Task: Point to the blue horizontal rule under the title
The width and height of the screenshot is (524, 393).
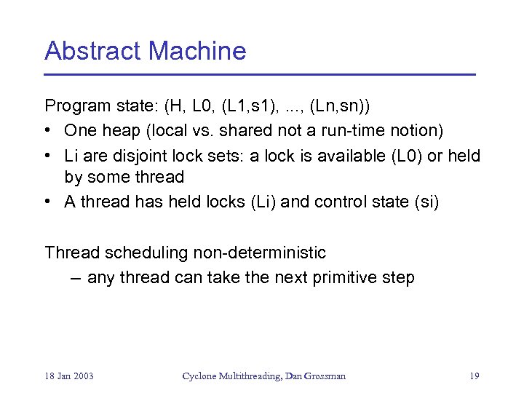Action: click(x=259, y=74)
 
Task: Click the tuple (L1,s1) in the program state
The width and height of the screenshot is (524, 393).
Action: click(x=250, y=106)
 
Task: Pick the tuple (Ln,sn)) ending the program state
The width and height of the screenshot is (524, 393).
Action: click(x=340, y=106)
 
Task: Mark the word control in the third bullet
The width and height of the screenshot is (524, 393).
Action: click(x=338, y=202)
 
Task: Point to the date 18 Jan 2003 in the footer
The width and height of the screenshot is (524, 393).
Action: click(x=69, y=376)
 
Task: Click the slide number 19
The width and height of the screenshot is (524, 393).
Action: click(x=474, y=376)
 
